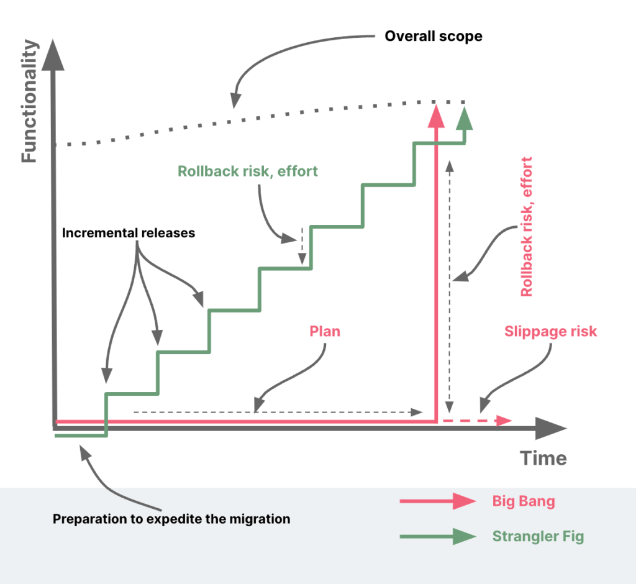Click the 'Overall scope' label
click(433, 36)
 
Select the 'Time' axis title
click(543, 459)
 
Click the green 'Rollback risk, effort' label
click(248, 171)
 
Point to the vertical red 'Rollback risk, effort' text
click(527, 227)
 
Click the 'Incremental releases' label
click(129, 234)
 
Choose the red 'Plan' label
click(325, 331)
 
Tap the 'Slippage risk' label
click(550, 331)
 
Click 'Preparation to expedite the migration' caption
click(171, 519)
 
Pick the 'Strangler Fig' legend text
click(538, 536)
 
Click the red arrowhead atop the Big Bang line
click(437, 115)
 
